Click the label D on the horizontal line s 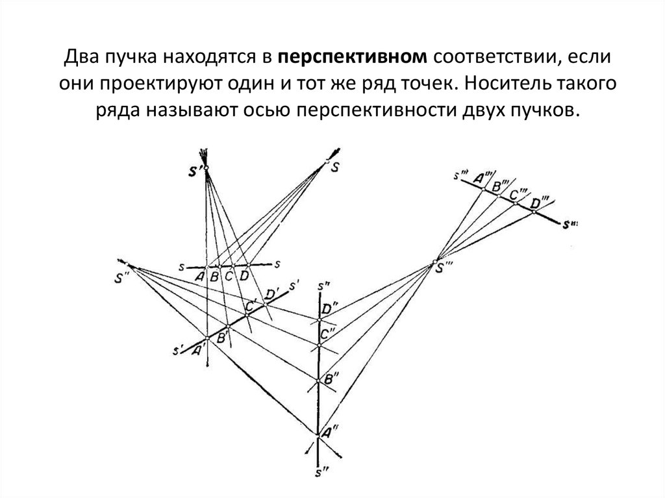tap(244, 275)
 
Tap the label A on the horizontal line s tap(200, 276)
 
